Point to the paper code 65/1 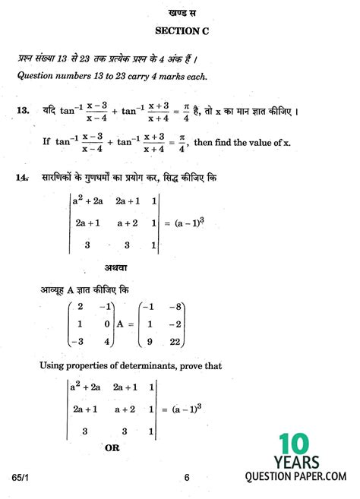(24, 478)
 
